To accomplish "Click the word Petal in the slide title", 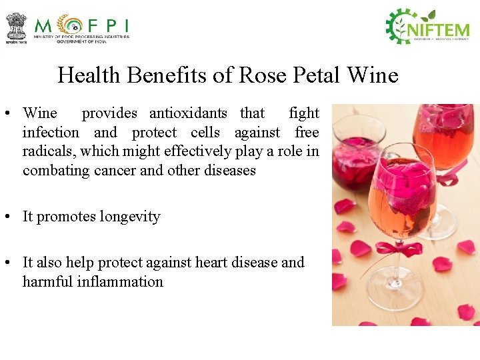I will pos(307,75).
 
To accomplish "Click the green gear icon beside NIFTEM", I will pos(401,27).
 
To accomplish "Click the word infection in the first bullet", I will pos(51,132).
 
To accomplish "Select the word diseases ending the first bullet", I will pos(231,170).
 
